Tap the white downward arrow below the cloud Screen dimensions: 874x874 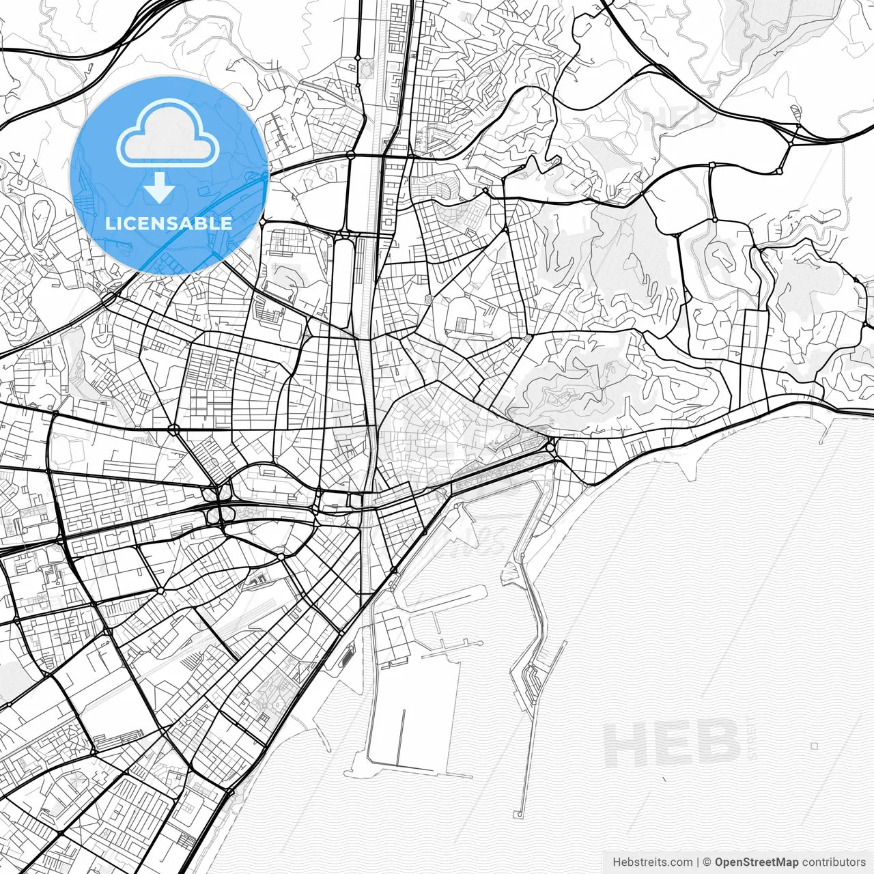click(x=160, y=187)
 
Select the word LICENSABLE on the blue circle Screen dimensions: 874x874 click(x=168, y=223)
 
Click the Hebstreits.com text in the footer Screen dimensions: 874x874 click(x=652, y=862)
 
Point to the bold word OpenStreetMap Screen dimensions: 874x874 click(x=757, y=862)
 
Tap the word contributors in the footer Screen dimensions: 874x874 click(x=834, y=862)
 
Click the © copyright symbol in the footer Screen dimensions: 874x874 click(x=707, y=862)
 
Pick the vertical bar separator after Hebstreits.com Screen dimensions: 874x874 click(x=697, y=862)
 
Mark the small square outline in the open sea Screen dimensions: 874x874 click(x=814, y=746)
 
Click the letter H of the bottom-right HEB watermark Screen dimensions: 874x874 click(x=624, y=744)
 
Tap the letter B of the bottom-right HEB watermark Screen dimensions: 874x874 click(x=717, y=744)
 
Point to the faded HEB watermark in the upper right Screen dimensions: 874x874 click(x=676, y=117)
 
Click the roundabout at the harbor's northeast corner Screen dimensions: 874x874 click(x=550, y=448)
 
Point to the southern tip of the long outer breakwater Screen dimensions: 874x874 click(x=519, y=814)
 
